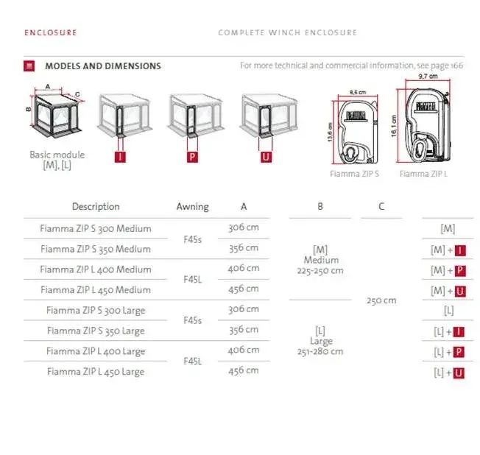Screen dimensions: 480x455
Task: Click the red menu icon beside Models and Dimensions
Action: pos(29,66)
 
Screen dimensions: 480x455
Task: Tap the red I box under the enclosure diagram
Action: pos(120,157)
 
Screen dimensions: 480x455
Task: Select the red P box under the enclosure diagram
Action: pos(192,157)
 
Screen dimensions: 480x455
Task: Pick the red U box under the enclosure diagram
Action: pos(266,157)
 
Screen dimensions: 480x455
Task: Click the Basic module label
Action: pos(57,155)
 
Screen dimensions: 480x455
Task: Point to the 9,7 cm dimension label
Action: pos(428,76)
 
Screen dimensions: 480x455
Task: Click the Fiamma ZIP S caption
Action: pos(354,174)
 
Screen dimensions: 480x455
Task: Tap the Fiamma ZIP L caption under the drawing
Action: pos(423,174)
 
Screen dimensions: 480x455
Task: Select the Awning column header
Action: pos(193,207)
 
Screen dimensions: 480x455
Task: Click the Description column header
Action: pos(96,207)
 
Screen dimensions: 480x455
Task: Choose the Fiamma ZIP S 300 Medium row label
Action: pos(96,228)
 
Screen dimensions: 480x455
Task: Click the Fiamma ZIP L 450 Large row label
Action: pos(96,372)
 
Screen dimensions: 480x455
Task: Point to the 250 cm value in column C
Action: pos(381,300)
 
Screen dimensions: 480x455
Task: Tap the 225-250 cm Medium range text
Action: pos(320,271)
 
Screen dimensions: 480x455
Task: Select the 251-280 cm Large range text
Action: pos(320,351)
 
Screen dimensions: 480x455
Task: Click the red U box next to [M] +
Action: pos(460,292)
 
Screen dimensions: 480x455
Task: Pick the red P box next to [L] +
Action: pos(459,352)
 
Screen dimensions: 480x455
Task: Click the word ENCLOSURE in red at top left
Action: pos(51,32)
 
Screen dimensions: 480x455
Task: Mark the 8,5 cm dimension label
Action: pos(358,92)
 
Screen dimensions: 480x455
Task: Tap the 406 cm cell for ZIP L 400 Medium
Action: pos(244,269)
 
